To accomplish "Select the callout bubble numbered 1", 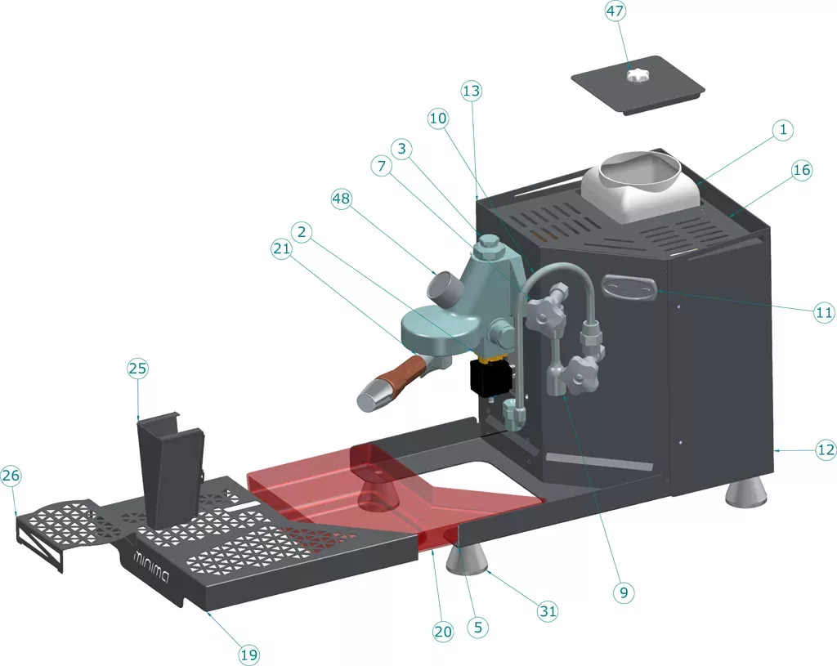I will [782, 130].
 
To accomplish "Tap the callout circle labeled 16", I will [802, 170].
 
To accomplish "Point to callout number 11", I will [823, 311].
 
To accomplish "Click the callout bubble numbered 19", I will [250, 654].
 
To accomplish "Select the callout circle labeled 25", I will [137, 369].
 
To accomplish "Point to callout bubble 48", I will [343, 199].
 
